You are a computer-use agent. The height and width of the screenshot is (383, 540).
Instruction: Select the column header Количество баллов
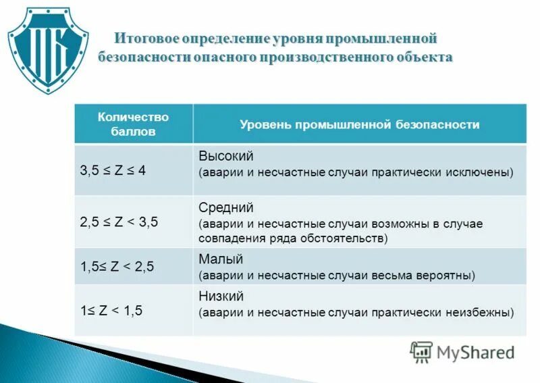[133, 124]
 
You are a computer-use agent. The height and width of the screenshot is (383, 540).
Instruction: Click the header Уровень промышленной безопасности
[360, 124]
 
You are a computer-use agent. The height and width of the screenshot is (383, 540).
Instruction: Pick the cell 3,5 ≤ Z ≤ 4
[113, 170]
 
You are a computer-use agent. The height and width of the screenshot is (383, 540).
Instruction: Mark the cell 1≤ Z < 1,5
[111, 311]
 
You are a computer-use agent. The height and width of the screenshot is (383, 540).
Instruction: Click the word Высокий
[226, 156]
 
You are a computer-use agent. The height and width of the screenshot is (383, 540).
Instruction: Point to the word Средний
[226, 207]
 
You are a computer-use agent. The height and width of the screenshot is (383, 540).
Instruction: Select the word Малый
[221, 259]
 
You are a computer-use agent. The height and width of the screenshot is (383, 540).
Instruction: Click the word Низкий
[221, 297]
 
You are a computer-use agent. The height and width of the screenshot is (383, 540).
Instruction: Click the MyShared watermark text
[475, 352]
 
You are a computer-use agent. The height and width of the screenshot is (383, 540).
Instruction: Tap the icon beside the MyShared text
[421, 352]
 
